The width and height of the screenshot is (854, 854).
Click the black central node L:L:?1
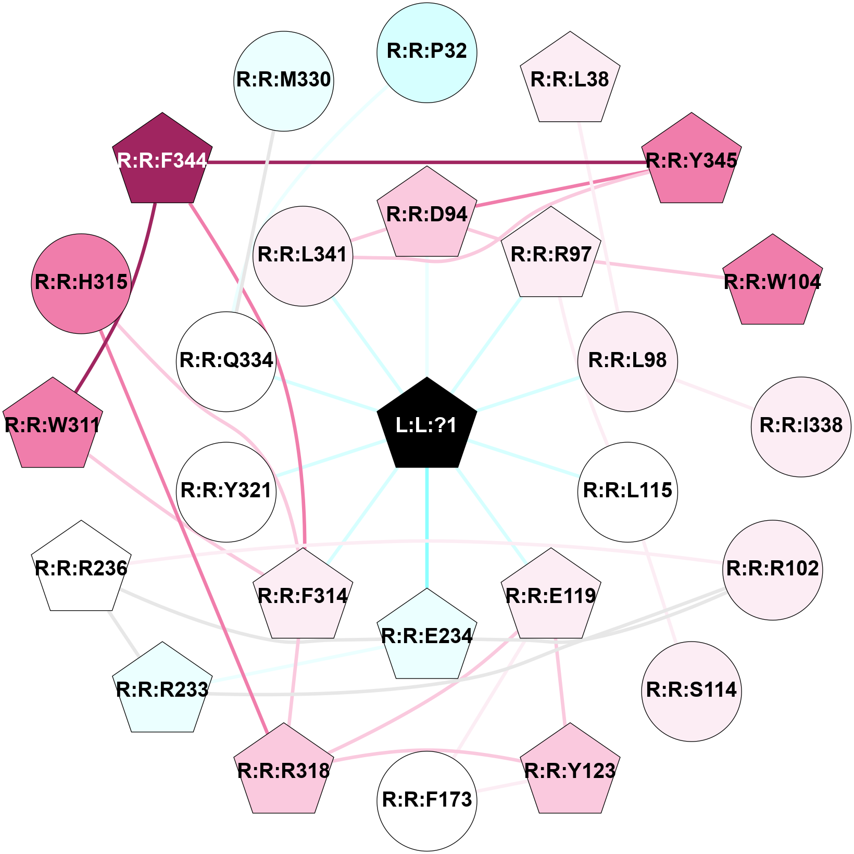pyautogui.click(x=427, y=424)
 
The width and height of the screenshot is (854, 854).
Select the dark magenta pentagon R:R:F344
pyautogui.click(x=162, y=160)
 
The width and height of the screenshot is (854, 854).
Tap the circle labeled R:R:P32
pyautogui.click(x=427, y=53)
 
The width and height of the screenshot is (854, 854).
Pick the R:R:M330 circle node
pyautogui.click(x=284, y=81)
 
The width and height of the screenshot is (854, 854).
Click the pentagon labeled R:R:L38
pyautogui.click(x=570, y=79)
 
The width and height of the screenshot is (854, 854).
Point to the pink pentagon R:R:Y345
pyautogui.click(x=692, y=160)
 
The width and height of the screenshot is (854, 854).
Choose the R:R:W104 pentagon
pyautogui.click(x=773, y=282)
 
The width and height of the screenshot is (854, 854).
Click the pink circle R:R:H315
pyautogui.click(x=81, y=283)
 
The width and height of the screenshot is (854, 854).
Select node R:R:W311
pyautogui.click(x=53, y=425)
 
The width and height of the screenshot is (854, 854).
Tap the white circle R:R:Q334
pyautogui.click(x=227, y=361)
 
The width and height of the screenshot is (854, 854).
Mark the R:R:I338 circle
pyautogui.click(x=801, y=426)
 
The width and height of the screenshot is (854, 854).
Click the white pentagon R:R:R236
pyautogui.click(x=81, y=568)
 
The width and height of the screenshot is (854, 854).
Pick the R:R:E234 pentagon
pyautogui.click(x=427, y=636)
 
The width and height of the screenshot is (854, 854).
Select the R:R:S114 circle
pyautogui.click(x=692, y=691)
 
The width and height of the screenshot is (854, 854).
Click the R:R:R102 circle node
pyautogui.click(x=773, y=570)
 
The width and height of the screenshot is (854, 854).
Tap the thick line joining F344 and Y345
pyautogui.click(x=427, y=162)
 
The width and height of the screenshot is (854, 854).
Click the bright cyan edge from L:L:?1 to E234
pyautogui.click(x=427, y=528)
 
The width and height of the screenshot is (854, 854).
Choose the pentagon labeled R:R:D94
pyautogui.click(x=427, y=214)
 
